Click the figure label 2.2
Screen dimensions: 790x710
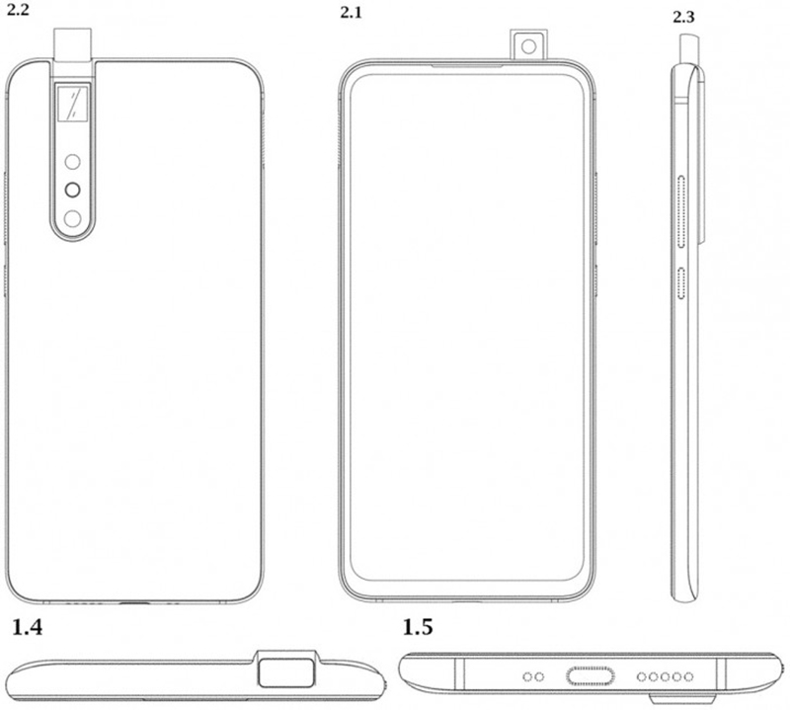tap(18, 10)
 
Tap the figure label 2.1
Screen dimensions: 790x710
tap(352, 13)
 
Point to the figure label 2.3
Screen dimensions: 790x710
tap(683, 18)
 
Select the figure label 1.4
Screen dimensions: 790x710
tap(28, 628)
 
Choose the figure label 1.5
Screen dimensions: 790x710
tap(418, 628)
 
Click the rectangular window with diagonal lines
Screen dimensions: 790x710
tap(73, 104)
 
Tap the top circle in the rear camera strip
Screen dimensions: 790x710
tap(72, 162)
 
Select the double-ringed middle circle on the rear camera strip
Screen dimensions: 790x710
tap(72, 190)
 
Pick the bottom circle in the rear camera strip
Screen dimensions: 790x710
tap(72, 219)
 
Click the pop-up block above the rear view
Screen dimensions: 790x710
tap(73, 44)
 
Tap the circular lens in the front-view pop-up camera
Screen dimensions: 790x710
tap(528, 46)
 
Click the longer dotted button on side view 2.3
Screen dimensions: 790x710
tap(681, 212)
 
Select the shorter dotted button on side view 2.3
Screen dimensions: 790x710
tap(681, 283)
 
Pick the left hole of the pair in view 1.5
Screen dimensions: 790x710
tap(528, 676)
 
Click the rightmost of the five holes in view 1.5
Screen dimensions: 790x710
tap(688, 676)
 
